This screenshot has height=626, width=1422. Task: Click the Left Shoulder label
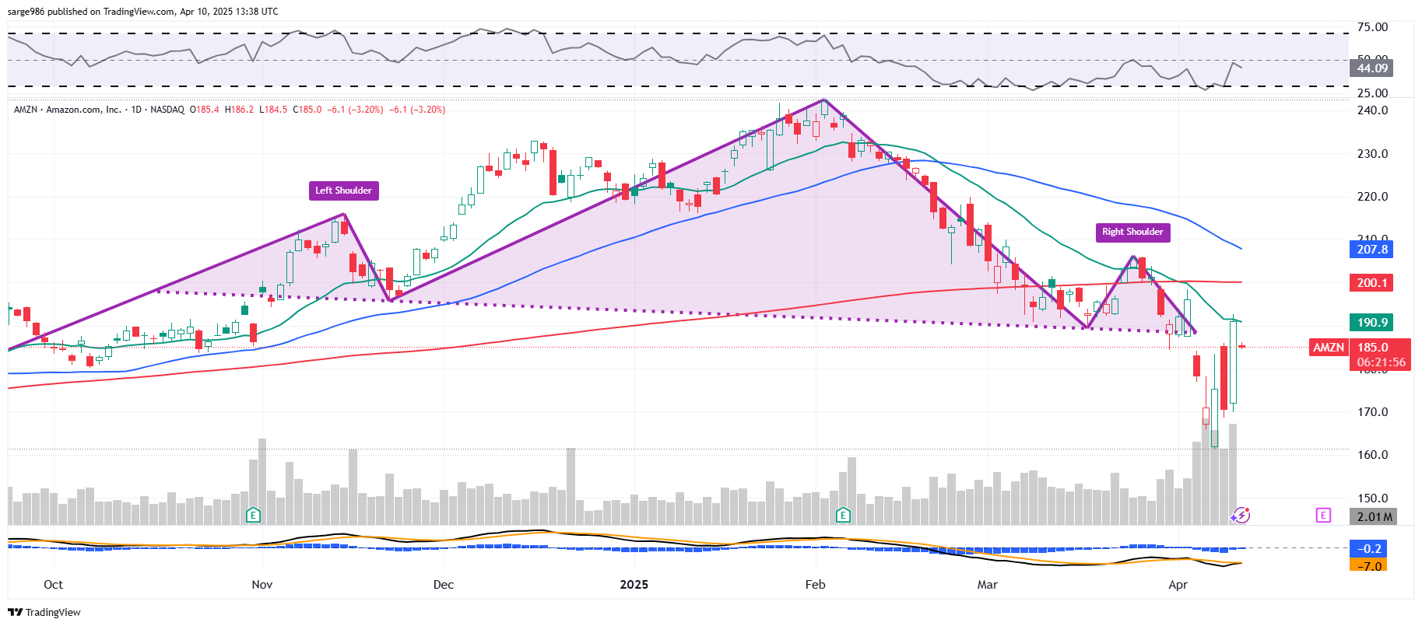pos(343,191)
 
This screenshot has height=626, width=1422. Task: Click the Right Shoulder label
pos(1132,232)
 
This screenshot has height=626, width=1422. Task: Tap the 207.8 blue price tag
pos(1371,250)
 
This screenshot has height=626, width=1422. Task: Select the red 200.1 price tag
pos(1371,283)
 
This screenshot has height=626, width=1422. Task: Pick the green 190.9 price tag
pos(1371,323)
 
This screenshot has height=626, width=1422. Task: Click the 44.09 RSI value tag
pos(1371,68)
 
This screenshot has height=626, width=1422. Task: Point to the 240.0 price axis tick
pos(1372,110)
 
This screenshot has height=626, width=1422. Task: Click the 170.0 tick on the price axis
pos(1372,412)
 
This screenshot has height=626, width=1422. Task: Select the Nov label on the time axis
pos(262,585)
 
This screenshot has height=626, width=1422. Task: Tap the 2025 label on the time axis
pos(634,585)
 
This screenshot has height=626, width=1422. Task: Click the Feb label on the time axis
pos(815,585)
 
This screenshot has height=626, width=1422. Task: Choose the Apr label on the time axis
pos(1178,585)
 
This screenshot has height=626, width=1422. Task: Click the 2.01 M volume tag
pos(1373,517)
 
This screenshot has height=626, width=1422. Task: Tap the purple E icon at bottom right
pos(1323,515)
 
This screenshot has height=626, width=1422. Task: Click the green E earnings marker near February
pos(843,515)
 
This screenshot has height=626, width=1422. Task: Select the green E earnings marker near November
pos(252,515)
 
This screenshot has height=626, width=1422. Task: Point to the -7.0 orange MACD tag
pos(1370,566)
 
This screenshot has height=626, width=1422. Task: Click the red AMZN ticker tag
pos(1329,348)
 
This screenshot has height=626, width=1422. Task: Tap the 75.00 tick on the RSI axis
pos(1372,27)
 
